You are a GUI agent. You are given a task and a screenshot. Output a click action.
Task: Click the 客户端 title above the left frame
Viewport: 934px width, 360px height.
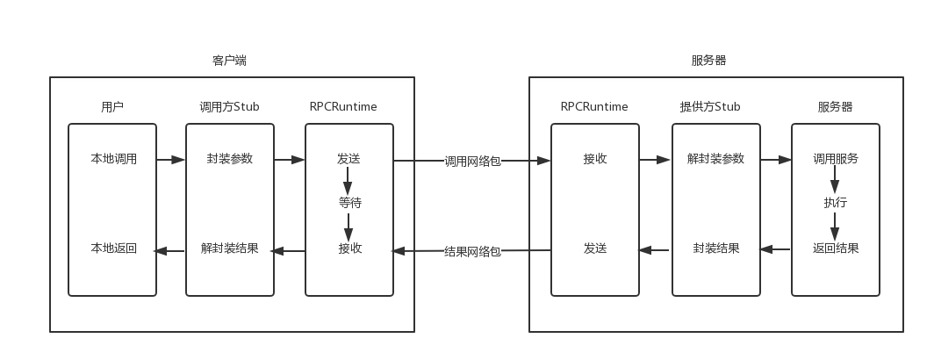point(229,61)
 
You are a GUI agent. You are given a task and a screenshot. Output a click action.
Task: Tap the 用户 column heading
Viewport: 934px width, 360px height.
point(112,107)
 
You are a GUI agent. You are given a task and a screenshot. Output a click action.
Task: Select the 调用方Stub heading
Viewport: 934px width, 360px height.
point(229,107)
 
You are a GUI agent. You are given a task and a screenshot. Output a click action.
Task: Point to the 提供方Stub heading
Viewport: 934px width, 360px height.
point(710,107)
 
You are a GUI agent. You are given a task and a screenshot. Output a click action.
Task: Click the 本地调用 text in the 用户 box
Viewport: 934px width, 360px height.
point(113,159)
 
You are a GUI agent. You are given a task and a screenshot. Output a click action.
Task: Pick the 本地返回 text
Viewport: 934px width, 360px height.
point(113,248)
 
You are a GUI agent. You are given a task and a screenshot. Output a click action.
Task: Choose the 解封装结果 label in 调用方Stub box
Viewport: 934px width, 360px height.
point(229,248)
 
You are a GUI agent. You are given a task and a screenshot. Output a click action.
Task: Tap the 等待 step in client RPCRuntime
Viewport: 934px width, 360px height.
point(349,203)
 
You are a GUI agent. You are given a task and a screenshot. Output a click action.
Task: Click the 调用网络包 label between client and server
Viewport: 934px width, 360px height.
point(472,161)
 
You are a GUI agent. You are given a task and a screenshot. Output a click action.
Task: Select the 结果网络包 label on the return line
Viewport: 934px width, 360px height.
point(472,251)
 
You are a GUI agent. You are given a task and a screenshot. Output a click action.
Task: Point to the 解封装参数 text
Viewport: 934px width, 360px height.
point(715,159)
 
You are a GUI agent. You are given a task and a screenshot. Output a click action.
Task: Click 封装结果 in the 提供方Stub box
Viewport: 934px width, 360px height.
point(715,248)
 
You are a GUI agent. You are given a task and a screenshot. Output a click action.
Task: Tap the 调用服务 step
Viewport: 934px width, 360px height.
point(835,159)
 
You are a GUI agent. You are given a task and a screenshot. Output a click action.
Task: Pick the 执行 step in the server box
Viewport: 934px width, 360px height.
point(835,203)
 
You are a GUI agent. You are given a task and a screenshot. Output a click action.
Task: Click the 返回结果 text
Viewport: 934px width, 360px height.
point(835,248)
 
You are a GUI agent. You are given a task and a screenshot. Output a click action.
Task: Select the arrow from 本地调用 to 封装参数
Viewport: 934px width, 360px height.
point(171,160)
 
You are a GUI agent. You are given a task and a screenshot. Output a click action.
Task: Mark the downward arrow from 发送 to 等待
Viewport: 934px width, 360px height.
point(348,181)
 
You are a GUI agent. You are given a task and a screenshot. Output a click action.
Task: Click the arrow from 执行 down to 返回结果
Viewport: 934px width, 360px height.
point(835,226)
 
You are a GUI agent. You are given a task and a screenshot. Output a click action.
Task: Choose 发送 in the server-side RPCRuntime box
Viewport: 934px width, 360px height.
point(594,248)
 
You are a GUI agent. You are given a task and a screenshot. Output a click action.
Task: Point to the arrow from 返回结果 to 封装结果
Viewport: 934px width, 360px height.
point(775,249)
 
